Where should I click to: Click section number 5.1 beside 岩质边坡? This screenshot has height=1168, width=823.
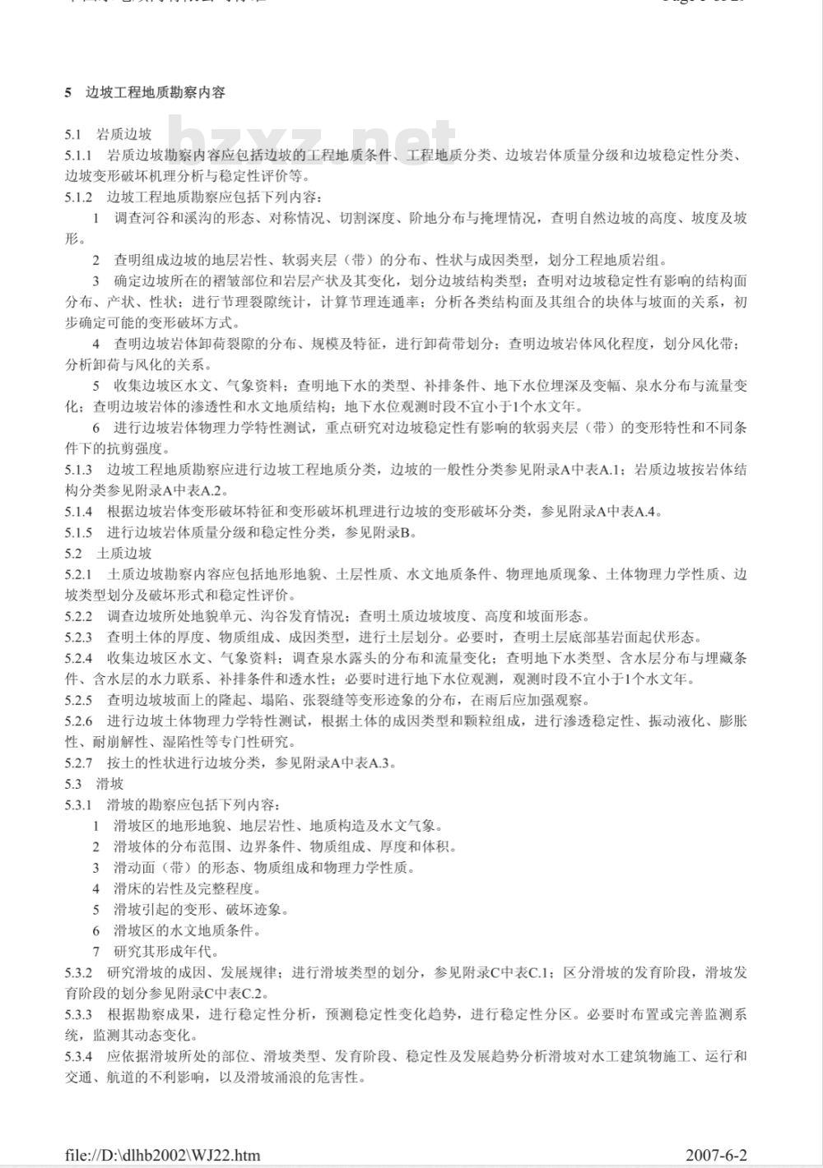tap(73, 134)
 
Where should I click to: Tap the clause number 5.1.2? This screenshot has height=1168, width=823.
tap(78, 197)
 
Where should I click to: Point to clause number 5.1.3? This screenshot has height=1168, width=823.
tap(78, 470)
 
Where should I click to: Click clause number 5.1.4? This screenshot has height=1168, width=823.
tap(78, 512)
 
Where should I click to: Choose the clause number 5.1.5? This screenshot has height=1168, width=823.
tap(78, 532)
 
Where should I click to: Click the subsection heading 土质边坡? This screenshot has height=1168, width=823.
tap(124, 553)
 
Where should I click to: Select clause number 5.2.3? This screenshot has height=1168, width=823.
tap(78, 637)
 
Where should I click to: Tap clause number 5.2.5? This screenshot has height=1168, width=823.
tap(78, 700)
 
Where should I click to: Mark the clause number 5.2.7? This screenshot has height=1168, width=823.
tap(78, 762)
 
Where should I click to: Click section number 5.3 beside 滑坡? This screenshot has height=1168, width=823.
tap(73, 783)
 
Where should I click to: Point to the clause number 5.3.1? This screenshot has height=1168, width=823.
tap(78, 804)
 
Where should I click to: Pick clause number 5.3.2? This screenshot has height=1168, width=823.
tap(78, 972)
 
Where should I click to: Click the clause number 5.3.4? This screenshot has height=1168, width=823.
tap(78, 1056)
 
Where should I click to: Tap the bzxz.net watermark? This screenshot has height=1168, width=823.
tap(313, 144)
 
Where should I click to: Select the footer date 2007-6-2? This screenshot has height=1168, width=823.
tap(716, 1155)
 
